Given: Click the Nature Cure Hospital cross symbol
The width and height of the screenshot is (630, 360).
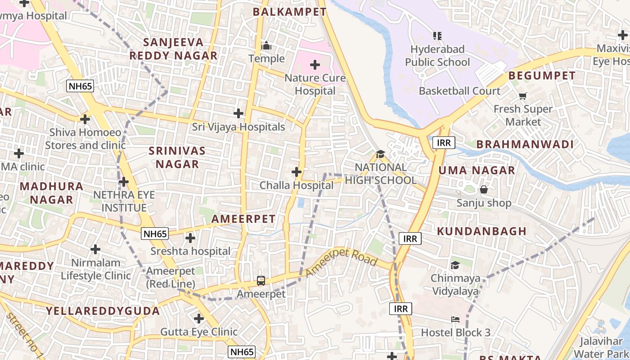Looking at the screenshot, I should [315, 65].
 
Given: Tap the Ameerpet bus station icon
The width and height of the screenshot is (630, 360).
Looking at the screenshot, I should [261, 281].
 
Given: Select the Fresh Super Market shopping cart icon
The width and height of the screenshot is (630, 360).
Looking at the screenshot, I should [522, 96].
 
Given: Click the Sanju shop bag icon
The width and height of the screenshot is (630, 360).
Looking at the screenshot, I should [484, 189].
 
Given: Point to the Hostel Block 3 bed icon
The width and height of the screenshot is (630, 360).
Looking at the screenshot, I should [455, 319].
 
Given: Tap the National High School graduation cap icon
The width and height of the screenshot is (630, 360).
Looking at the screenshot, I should [380, 154].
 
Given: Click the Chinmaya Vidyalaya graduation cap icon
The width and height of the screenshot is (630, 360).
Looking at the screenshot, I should [455, 265].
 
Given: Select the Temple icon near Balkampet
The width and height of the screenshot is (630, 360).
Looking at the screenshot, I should [266, 46].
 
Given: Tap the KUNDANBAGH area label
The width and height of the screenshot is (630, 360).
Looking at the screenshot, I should [481, 231].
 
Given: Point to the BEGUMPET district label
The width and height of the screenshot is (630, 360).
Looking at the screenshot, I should [542, 76].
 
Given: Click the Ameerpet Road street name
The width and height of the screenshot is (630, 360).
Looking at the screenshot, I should [341, 262].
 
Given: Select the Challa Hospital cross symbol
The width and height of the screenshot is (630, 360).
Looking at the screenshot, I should [297, 172].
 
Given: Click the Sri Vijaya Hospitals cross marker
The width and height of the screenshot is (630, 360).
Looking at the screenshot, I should [238, 113].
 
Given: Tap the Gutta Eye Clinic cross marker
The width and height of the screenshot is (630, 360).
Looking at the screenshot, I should [199, 319].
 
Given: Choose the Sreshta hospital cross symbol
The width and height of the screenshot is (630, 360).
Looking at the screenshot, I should [190, 238].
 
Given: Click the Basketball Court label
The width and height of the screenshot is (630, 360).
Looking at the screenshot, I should [459, 91].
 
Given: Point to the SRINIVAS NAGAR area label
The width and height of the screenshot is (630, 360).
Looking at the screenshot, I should [177, 157].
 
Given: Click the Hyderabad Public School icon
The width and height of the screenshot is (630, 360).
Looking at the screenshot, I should [437, 36].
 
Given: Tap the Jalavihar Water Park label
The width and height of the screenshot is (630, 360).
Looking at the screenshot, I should [603, 347].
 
